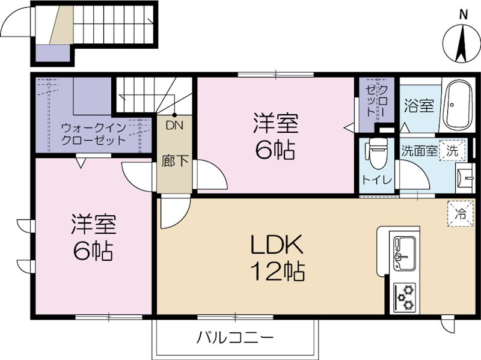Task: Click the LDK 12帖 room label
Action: [278, 258]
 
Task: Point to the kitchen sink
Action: [403, 252]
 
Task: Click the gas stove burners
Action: [404, 296]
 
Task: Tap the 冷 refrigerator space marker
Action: [460, 212]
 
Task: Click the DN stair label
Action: [174, 126]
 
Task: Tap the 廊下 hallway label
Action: [174, 162]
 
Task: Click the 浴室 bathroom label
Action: [418, 106]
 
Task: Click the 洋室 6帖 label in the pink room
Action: [275, 138]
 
